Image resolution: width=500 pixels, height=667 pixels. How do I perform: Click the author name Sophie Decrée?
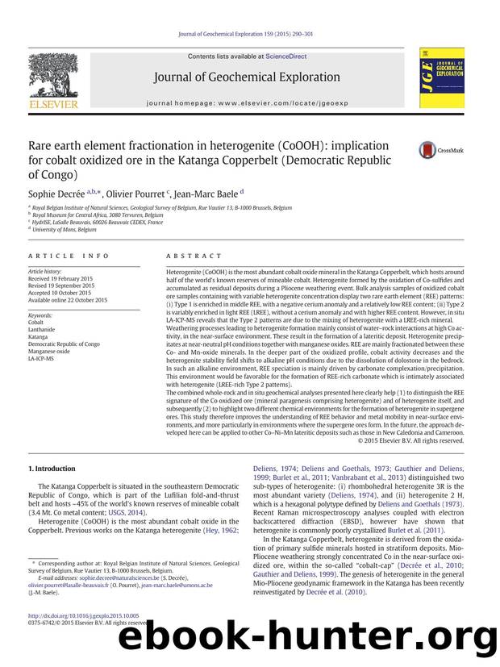click(x=56, y=194)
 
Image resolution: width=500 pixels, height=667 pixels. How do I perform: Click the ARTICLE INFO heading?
click(x=69, y=256)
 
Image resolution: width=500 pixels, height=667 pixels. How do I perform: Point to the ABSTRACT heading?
click(x=185, y=256)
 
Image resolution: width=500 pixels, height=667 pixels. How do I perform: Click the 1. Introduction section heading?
click(x=53, y=468)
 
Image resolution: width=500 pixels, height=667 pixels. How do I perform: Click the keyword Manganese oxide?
click(x=48, y=350)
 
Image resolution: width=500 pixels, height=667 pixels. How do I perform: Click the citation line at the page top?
click(x=249, y=33)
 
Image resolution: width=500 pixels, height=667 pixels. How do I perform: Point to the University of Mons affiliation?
click(x=56, y=229)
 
